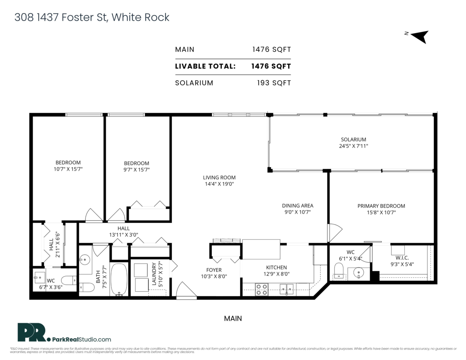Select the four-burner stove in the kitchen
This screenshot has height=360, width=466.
[262, 290]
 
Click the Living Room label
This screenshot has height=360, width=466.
[219, 177]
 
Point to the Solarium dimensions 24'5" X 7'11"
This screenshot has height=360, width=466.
[353, 146]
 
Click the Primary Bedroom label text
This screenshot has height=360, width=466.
[381, 206]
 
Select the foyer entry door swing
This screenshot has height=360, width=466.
[186, 290]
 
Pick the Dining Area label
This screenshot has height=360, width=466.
[297, 205]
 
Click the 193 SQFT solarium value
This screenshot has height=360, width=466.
[274, 83]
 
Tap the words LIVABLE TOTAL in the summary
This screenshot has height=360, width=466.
[205, 66]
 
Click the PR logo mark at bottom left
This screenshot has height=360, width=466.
[33, 333]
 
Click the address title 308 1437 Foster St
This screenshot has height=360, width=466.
[92, 17]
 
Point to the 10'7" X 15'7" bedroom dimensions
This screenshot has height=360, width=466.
[68, 169]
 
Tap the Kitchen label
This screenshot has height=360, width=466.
[276, 267]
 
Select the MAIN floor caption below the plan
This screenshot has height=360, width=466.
[233, 318]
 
